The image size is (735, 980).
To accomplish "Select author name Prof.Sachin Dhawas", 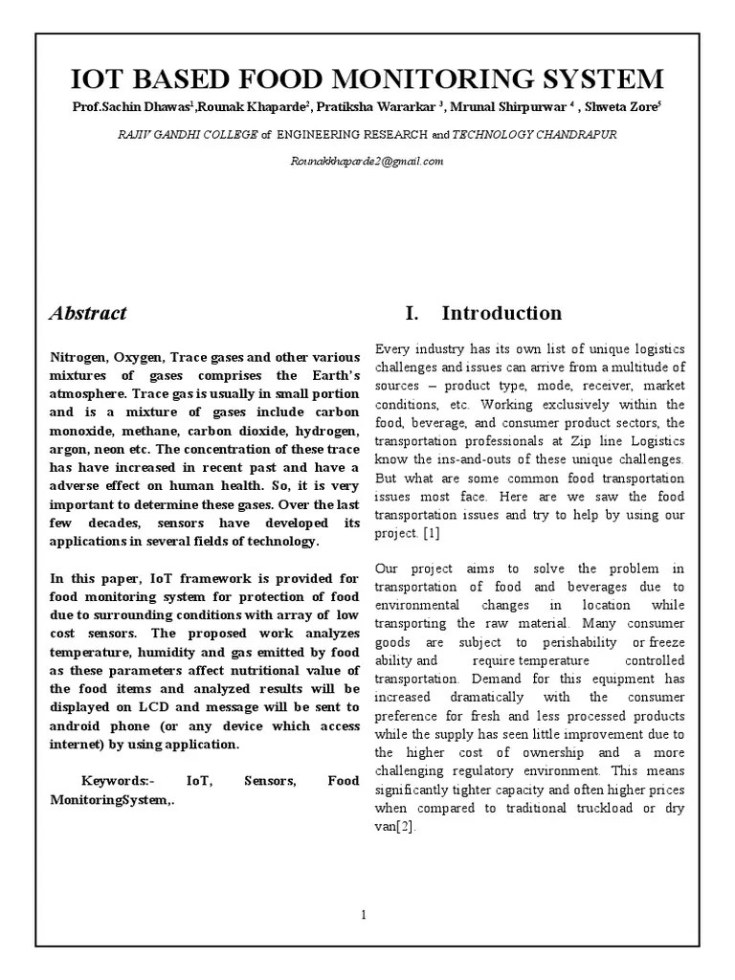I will coord(116,107).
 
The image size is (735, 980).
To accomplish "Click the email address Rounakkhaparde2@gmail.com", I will coord(367,161).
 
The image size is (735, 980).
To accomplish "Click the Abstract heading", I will coord(88,313).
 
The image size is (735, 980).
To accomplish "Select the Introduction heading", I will coord(501,313).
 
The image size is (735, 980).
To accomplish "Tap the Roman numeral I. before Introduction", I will coord(413,313).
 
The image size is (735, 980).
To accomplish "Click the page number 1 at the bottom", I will coord(364,915).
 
